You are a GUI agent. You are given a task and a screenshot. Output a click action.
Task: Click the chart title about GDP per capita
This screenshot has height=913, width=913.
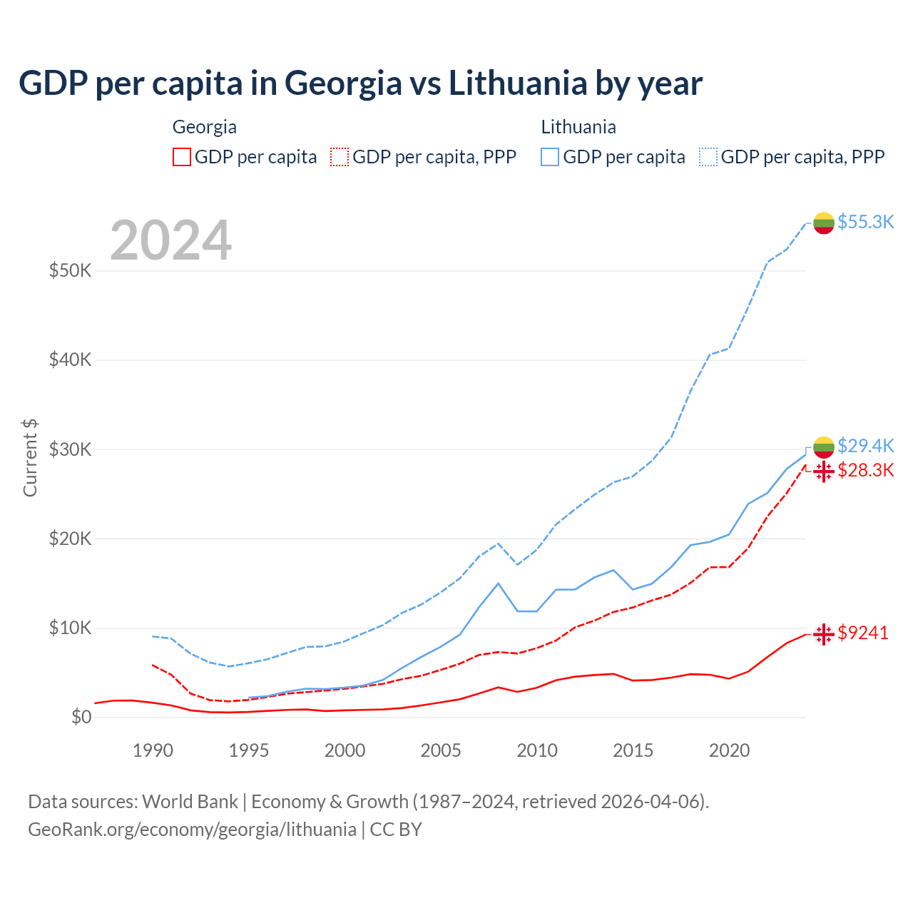[360, 83]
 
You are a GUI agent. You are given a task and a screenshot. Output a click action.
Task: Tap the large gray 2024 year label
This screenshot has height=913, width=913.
[171, 240]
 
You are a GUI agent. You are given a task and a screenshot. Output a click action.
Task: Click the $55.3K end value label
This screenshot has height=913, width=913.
[865, 222]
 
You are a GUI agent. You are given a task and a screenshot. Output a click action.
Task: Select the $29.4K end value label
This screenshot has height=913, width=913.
[865, 446]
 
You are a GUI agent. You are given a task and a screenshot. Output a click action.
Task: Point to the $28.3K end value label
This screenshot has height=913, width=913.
[865, 470]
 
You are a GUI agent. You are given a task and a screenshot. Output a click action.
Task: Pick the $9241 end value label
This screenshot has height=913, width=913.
[863, 633]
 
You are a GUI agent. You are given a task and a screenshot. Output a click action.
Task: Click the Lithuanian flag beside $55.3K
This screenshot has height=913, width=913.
[824, 223]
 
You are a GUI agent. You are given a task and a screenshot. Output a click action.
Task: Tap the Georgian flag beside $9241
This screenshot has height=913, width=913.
[824, 633]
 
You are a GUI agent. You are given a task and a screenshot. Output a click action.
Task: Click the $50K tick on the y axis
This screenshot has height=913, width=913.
[71, 271]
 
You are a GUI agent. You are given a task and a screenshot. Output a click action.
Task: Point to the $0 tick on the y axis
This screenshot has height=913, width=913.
[81, 717]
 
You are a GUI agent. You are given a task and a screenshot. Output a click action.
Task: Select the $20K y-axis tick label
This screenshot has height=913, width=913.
[71, 539]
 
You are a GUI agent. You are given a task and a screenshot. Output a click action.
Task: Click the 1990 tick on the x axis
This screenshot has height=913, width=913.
[153, 750]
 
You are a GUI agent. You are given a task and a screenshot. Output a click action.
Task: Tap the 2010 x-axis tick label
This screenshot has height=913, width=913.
[537, 750]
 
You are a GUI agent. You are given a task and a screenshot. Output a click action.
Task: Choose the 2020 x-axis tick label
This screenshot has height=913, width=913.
[729, 750]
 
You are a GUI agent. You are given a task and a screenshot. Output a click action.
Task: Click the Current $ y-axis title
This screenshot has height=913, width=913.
[30, 458]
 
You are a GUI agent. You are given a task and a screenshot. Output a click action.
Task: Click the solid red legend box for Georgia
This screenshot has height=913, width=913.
[182, 157]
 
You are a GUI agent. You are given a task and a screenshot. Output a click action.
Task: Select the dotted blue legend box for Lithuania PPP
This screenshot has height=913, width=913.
[708, 157]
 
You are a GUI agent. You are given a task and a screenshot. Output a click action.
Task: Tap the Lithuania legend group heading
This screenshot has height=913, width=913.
[578, 127]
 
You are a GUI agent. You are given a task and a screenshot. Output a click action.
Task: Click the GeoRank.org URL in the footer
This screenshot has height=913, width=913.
[192, 830]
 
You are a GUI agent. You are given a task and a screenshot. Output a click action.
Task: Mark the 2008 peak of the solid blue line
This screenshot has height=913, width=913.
[499, 583]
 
